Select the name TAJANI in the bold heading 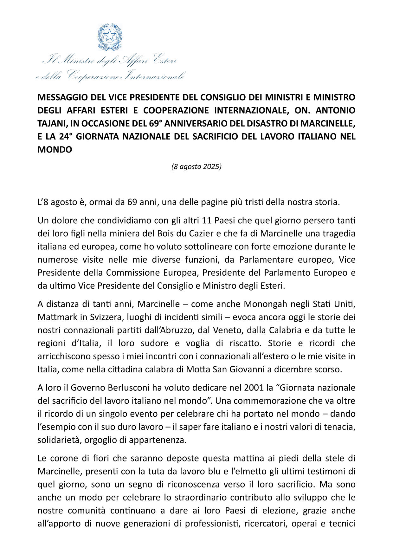tap(51, 123)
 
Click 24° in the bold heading tap(66, 136)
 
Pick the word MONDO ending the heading tap(55, 149)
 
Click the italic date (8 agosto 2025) tap(196, 167)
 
